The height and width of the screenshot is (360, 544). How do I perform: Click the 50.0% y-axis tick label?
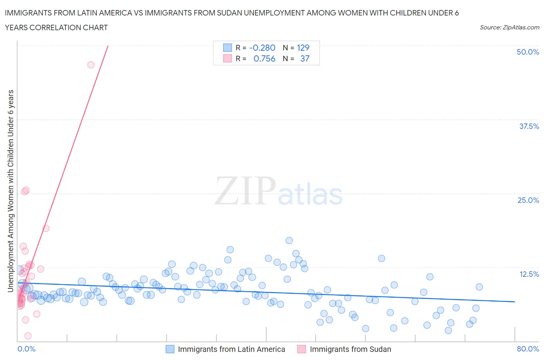528,52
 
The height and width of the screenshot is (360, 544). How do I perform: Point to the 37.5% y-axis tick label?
529,126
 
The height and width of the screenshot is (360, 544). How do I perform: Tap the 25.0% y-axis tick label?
528,200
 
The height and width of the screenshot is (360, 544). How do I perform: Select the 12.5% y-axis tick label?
529,274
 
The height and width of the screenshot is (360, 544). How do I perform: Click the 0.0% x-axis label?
26,349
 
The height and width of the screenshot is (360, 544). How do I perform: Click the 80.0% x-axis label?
528,349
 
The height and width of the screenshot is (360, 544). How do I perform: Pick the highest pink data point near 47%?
91,65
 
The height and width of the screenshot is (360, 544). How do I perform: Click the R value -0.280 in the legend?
262,48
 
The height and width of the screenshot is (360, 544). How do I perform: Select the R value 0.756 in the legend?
264,58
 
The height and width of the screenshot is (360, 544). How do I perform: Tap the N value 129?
303,48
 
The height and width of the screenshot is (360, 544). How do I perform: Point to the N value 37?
305,58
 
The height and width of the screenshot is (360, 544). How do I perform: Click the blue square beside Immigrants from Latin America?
170,349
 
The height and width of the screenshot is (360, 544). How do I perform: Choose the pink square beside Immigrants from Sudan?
301,349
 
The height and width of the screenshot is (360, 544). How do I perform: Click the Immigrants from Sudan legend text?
350,349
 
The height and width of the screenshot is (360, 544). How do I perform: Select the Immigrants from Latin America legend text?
231,349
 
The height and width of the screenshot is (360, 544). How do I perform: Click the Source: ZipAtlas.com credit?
509,27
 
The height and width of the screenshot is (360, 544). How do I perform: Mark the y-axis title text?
10,191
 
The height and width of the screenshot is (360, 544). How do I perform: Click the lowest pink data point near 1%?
28,336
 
